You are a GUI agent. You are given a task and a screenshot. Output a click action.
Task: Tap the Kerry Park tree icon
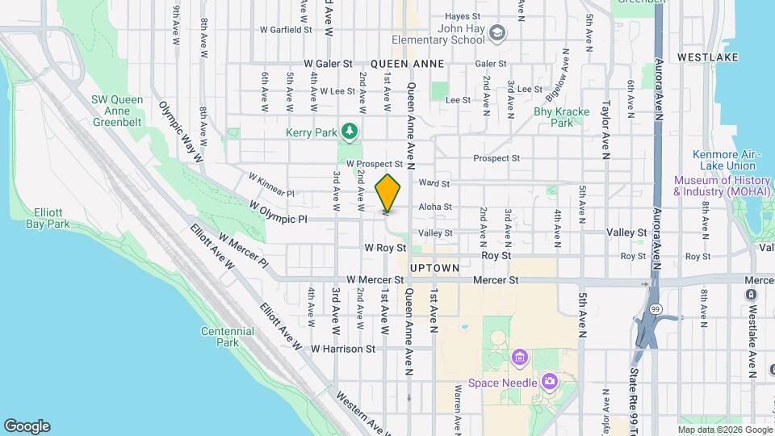tap(349, 130)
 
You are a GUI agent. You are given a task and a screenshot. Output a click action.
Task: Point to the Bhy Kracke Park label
tap(562, 117)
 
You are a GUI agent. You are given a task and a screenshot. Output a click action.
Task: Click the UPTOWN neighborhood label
tap(434, 267)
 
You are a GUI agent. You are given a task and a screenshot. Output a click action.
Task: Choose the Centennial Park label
tap(222, 337)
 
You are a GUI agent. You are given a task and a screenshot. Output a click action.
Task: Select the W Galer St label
tap(328, 63)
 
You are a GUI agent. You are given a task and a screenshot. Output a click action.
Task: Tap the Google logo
tap(27, 426)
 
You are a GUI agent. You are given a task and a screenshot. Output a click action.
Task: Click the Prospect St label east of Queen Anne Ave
tap(496, 158)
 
